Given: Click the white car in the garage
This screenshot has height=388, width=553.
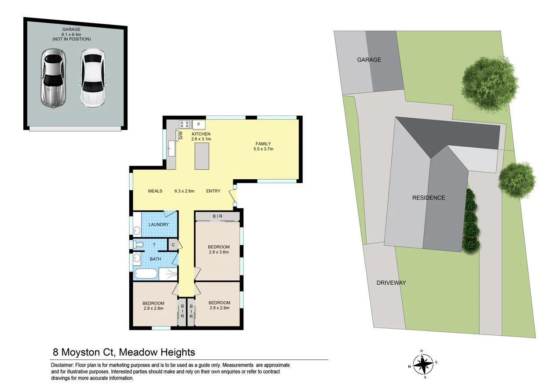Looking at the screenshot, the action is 93,78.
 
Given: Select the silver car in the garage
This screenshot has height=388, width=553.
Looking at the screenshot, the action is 53,78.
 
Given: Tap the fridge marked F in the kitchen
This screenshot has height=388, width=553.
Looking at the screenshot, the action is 199,125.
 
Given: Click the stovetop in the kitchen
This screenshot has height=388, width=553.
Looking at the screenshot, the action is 185,124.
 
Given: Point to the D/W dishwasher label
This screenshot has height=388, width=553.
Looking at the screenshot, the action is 181,135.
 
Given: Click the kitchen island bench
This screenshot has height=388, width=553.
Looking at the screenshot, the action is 202,156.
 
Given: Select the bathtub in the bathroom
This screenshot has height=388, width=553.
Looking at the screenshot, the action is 146,274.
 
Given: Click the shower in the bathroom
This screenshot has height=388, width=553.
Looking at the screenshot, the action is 168,274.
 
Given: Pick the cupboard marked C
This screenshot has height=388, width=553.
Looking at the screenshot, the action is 173,245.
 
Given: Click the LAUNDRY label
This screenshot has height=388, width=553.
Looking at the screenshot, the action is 159,225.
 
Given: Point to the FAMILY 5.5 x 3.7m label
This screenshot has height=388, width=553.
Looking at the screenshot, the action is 263,146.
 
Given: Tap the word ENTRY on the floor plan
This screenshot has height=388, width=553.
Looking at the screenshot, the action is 213,191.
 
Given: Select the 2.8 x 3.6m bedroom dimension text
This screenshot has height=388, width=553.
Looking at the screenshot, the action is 219,252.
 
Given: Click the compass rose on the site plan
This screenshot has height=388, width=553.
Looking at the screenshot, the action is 423,364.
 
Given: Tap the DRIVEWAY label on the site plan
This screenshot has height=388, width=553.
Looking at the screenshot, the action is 391,283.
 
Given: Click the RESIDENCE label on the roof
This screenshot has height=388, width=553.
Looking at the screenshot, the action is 429,198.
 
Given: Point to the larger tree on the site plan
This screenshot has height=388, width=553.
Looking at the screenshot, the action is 490,84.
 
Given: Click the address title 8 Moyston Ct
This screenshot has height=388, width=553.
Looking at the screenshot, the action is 84,352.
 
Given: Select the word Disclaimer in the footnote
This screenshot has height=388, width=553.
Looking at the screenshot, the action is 62,365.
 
